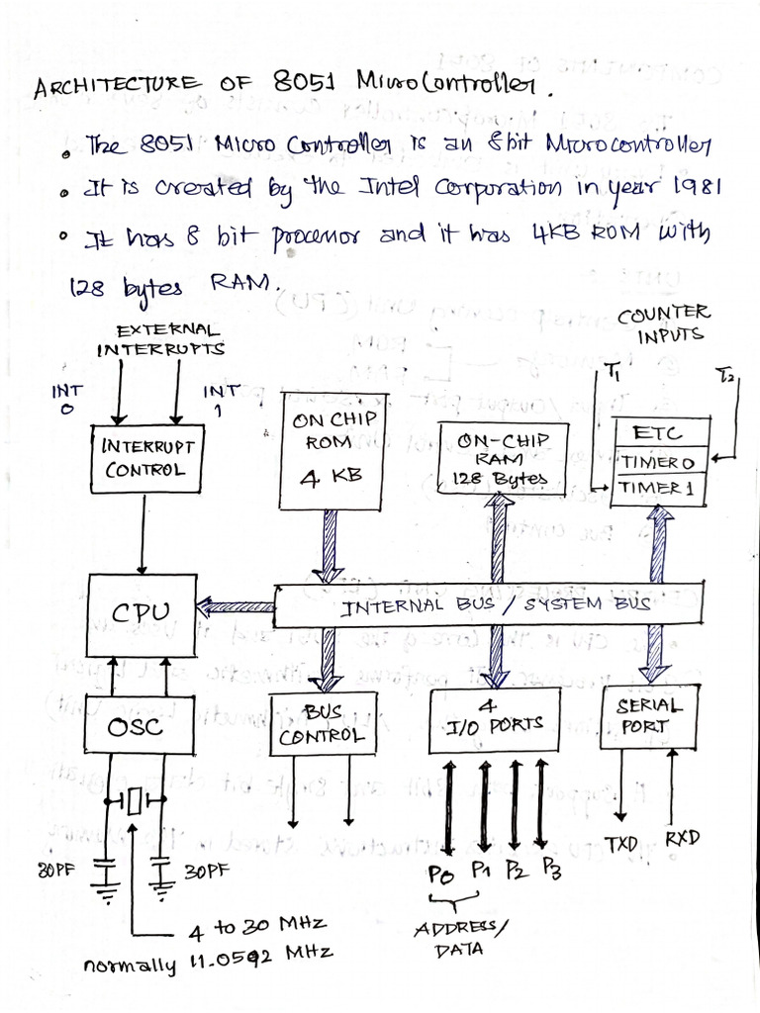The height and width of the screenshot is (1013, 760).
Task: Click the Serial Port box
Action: click(x=650, y=717)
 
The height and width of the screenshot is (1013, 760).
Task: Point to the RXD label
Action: click(x=682, y=839)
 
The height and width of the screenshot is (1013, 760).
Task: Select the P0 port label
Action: click(x=441, y=875)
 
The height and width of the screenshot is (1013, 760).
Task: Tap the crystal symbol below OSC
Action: click(x=136, y=802)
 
